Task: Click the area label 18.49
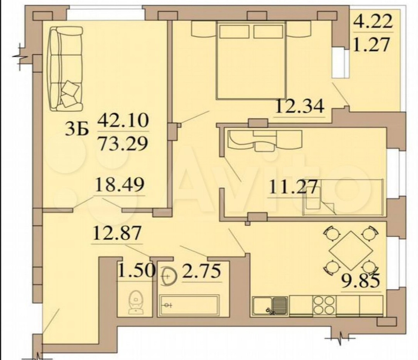coord(120,185)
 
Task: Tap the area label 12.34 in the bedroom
coord(300,106)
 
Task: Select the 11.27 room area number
coord(293,187)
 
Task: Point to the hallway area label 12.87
coord(117,233)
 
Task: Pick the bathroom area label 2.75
coord(202,271)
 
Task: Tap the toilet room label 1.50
coord(137,271)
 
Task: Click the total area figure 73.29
coord(123,144)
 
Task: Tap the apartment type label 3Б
coord(77,130)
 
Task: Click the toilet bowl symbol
coord(136,302)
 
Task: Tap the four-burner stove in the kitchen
coord(324,305)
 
